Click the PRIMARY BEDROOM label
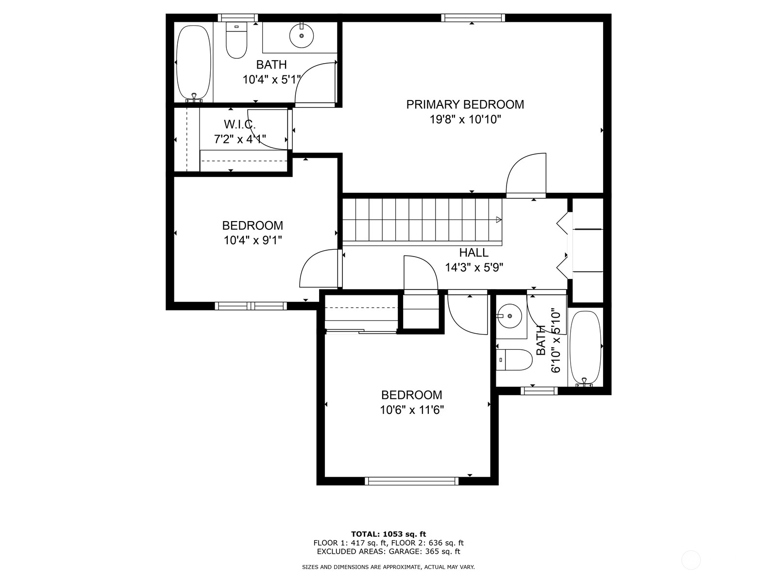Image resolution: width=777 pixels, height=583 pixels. (465, 104)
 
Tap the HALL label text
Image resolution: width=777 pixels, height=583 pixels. (473, 252)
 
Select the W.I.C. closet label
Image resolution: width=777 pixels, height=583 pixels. (239, 124)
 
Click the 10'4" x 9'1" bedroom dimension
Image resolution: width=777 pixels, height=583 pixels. (253, 240)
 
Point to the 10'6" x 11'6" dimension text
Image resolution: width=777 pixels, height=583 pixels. (412, 410)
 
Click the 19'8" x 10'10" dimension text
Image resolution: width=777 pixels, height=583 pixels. (465, 120)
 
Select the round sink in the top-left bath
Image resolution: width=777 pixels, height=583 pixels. (302, 35)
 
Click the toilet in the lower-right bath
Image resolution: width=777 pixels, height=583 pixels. (514, 360)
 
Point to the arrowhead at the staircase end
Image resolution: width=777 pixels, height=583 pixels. (499, 220)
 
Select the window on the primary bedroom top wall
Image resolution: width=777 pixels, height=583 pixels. (473, 17)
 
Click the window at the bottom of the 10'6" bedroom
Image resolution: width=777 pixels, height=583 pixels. (412, 480)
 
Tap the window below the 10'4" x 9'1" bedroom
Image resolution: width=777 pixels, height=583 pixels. (251, 306)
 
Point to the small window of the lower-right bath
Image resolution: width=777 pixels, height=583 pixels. (539, 391)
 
